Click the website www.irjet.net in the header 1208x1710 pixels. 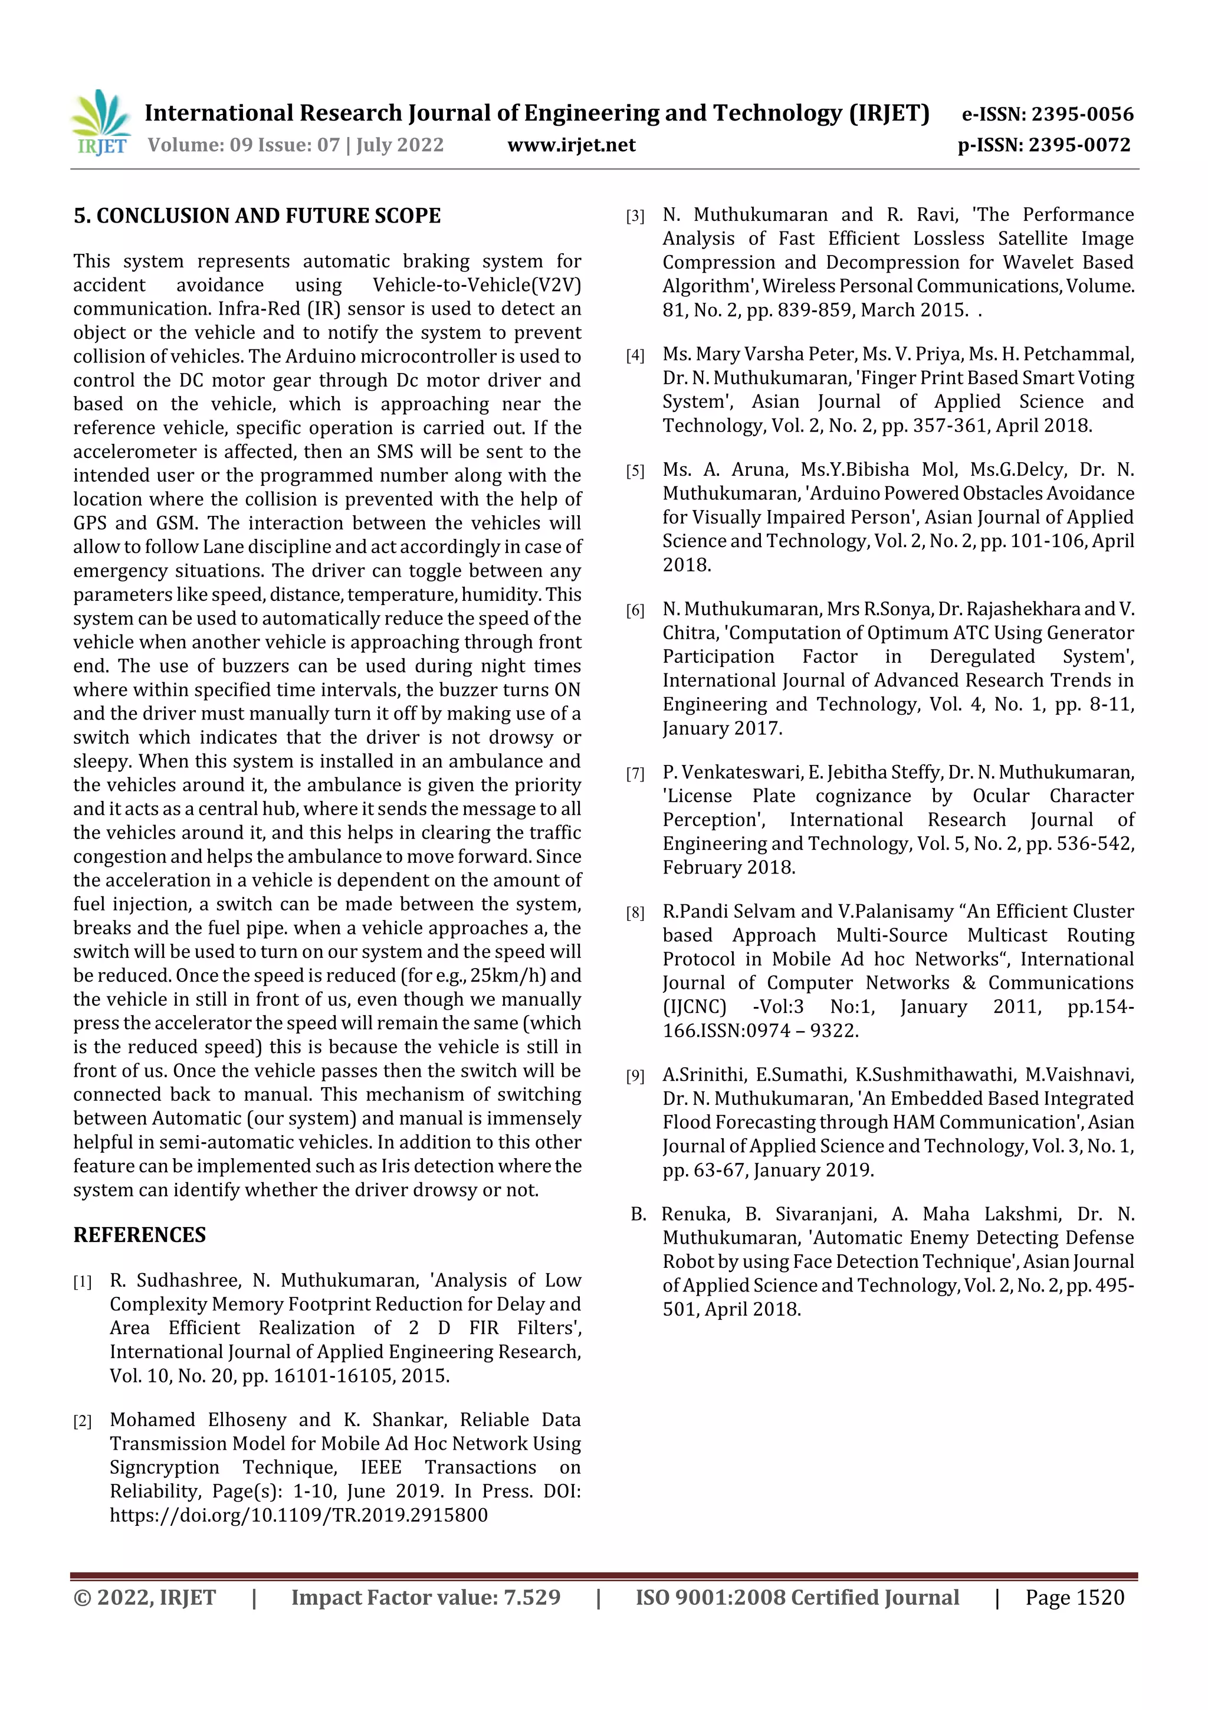point(571,145)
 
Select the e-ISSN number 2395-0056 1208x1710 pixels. point(1082,115)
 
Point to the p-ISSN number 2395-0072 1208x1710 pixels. point(1080,145)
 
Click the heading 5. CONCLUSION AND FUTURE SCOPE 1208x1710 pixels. point(257,216)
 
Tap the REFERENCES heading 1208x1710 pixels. point(139,1234)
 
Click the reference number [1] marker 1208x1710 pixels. point(83,1281)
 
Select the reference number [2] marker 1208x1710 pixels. point(83,1421)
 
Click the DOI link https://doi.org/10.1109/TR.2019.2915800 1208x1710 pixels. point(298,1515)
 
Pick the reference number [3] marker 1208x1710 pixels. point(635,217)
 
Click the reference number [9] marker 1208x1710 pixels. point(635,1076)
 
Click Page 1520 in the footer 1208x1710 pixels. point(1074,1597)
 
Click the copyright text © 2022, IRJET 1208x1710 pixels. point(145,1597)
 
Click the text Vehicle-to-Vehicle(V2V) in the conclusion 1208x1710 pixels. point(477,285)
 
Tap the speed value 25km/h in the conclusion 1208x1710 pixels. point(505,976)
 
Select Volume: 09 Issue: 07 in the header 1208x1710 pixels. point(244,145)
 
